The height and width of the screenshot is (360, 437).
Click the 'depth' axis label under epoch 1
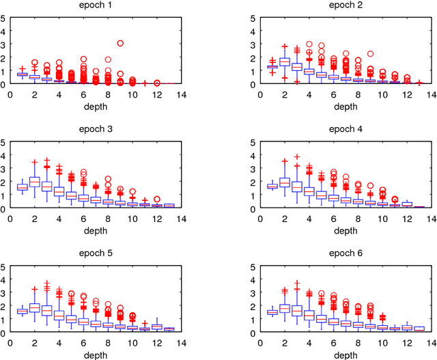[96, 106]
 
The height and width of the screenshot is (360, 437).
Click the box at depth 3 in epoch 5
[46, 309]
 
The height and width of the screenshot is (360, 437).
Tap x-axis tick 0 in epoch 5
[10, 343]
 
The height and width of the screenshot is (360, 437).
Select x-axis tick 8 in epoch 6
[358, 343]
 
